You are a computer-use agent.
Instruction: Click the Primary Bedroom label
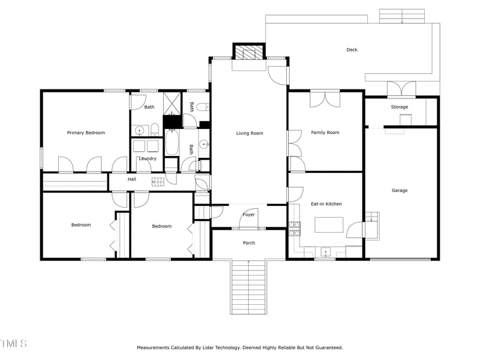(86, 133)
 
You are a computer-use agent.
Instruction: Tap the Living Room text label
(250, 133)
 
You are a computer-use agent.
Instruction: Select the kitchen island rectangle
(329, 224)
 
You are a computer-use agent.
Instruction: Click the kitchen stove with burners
(295, 227)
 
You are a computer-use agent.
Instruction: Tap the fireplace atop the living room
(249, 53)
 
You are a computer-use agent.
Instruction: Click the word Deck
(352, 50)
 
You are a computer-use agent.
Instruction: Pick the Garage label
(400, 190)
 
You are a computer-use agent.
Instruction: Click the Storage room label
(400, 107)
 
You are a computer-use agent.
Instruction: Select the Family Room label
(325, 133)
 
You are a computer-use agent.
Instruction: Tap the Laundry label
(148, 158)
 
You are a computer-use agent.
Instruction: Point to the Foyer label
(248, 214)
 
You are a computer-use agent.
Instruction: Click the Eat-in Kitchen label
(326, 204)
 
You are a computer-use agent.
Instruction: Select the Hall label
(132, 179)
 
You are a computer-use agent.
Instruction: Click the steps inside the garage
(372, 217)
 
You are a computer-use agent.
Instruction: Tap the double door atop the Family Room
(325, 98)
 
